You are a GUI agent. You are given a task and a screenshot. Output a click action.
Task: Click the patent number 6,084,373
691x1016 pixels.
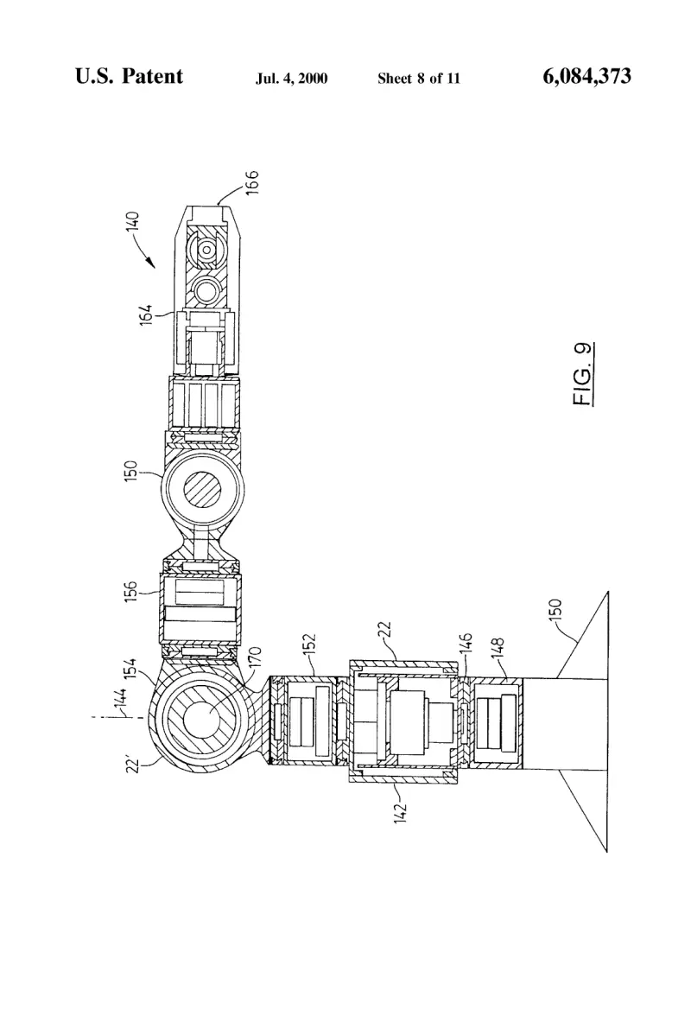point(586,76)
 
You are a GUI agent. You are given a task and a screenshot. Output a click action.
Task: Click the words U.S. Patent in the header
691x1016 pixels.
point(129,76)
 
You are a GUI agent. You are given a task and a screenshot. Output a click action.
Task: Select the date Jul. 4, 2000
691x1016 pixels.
point(291,79)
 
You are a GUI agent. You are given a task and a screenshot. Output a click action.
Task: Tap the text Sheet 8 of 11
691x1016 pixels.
point(418,79)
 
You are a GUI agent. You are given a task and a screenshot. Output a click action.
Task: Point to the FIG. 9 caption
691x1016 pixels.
point(583,374)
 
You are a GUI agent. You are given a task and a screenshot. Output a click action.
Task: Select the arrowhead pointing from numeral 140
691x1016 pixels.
point(151,263)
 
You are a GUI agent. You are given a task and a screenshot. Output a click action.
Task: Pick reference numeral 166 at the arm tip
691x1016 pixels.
point(251,182)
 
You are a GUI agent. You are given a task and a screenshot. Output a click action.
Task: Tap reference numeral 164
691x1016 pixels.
point(146,314)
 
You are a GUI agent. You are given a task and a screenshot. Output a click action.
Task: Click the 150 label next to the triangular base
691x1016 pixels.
point(555,610)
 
